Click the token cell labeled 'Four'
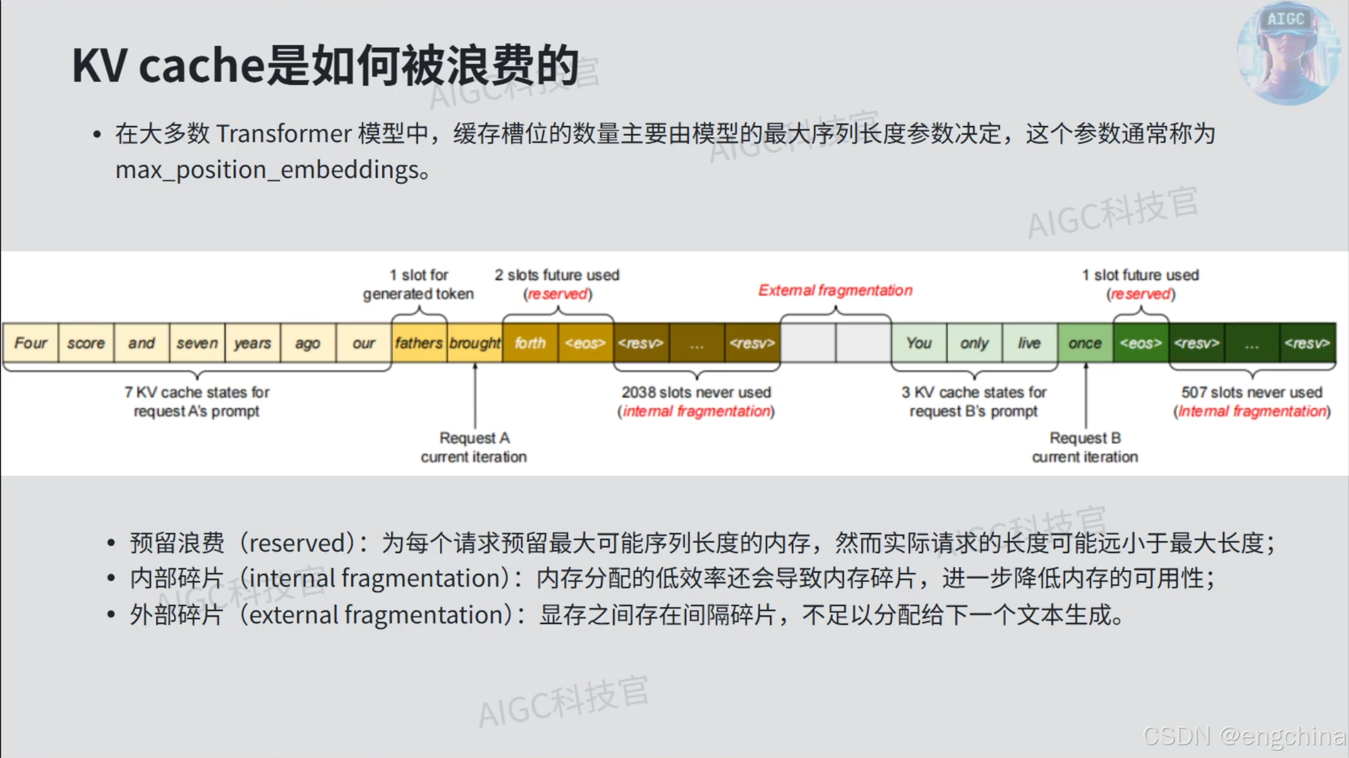tap(31, 343)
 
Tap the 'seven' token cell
tap(197, 343)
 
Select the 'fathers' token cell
tap(419, 343)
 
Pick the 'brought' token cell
tap(475, 343)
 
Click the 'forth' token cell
tap(530, 343)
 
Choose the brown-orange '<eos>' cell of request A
tap(585, 343)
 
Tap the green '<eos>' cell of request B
tap(1141, 343)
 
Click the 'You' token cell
tap(919, 343)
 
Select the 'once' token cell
tap(1085, 343)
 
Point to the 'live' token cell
tap(1029, 343)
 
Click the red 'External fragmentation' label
tap(835, 291)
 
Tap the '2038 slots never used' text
tap(697, 392)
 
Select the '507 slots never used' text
tap(1252, 392)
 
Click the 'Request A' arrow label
tap(474, 438)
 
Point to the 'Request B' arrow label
tap(1085, 438)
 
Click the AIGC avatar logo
tap(1287, 53)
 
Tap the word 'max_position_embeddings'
tap(267, 170)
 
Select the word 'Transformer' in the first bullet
tap(283, 134)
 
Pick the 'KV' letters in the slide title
tap(99, 65)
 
